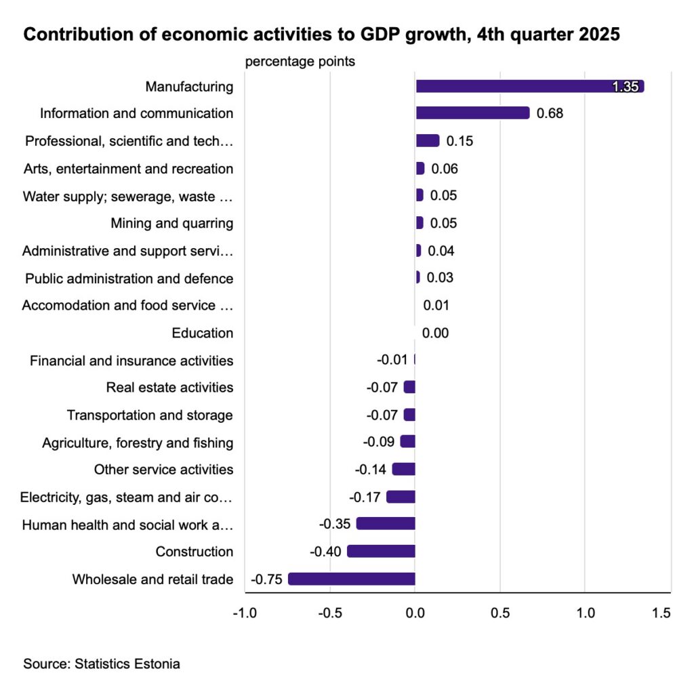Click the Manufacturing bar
(x=529, y=86)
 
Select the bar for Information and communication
(x=472, y=113)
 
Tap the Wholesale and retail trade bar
(x=351, y=579)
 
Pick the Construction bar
(x=381, y=551)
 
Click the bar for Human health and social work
(x=385, y=523)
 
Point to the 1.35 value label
(x=625, y=87)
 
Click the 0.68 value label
(x=550, y=113)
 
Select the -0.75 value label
(x=266, y=579)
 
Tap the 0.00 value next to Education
(x=435, y=333)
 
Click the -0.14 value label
(x=370, y=469)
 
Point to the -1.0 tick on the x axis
(x=244, y=613)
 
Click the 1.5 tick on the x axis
(x=661, y=613)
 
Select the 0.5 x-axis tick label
(x=499, y=613)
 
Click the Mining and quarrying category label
(x=171, y=223)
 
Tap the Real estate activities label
(x=169, y=388)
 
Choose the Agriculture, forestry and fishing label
(x=138, y=443)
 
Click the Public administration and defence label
(x=129, y=279)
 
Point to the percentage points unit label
(x=300, y=62)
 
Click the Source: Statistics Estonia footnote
(x=102, y=664)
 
